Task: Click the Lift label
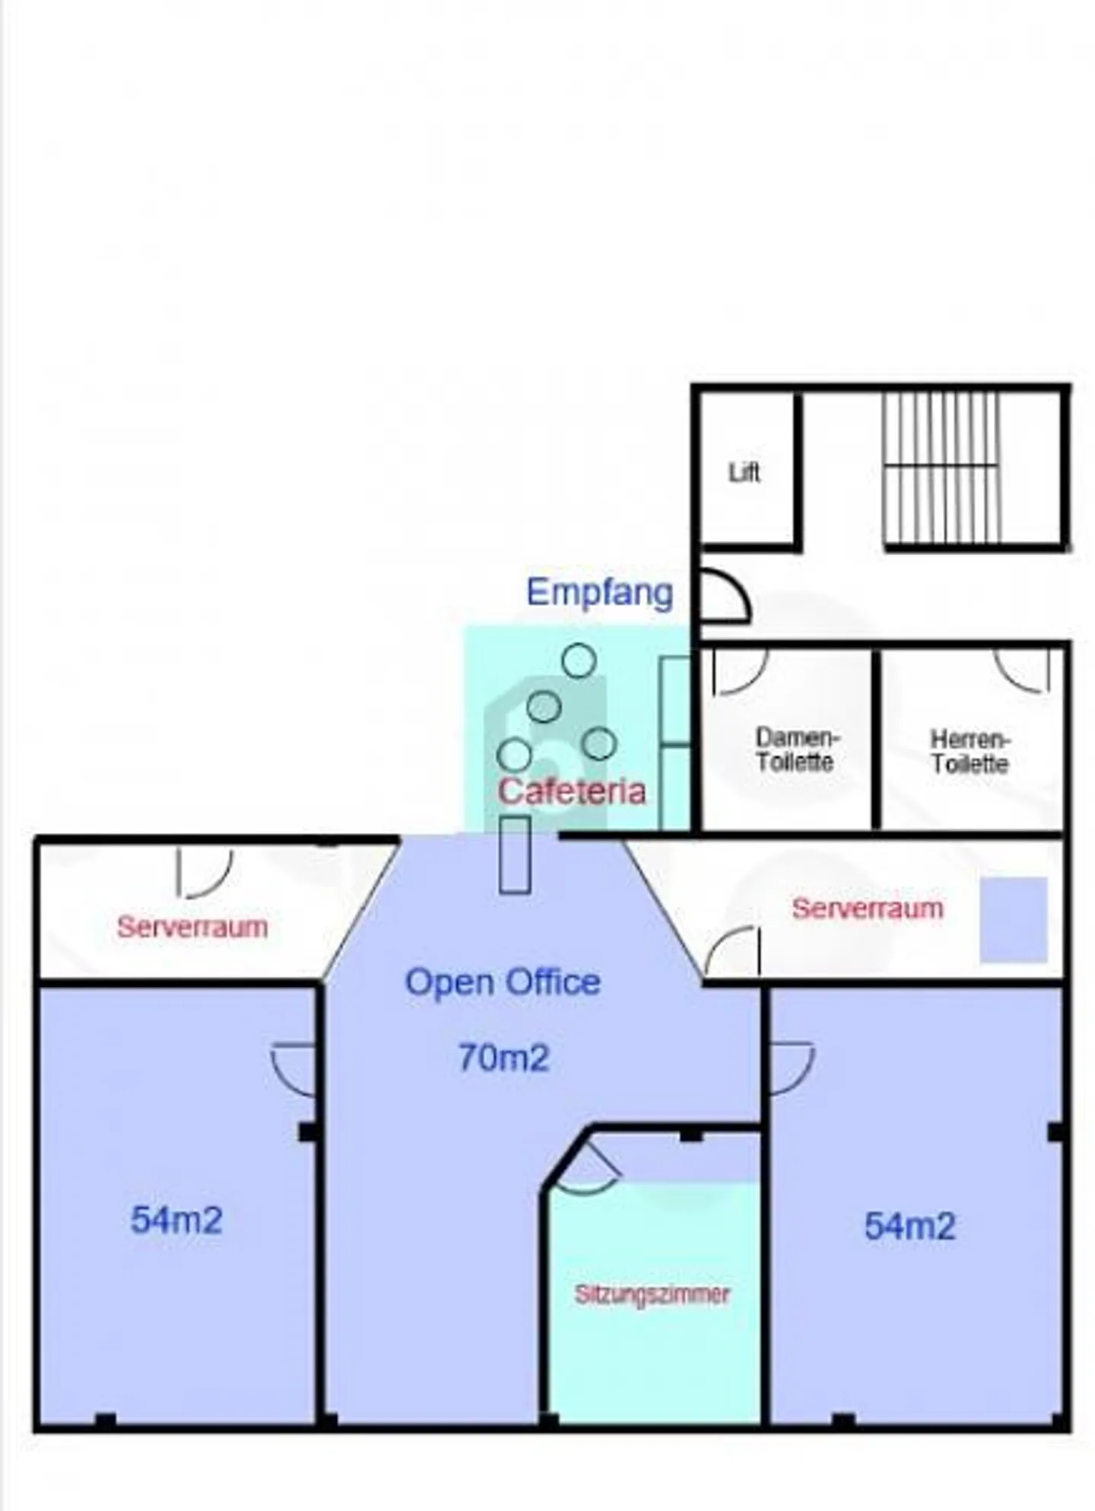[x=744, y=472]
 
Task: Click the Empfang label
[x=600, y=592]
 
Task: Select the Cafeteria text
[x=572, y=791]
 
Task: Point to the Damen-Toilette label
[x=795, y=749]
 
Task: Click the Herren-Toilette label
[x=970, y=751]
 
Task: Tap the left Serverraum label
[x=192, y=927]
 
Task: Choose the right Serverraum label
[x=867, y=908]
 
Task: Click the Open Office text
[x=503, y=981]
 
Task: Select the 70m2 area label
[x=503, y=1058]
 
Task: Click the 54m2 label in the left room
[x=176, y=1220]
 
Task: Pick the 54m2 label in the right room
[x=909, y=1226]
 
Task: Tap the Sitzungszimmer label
[x=652, y=1294]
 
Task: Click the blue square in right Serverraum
[x=1013, y=919]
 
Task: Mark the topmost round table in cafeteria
[x=579, y=660]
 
